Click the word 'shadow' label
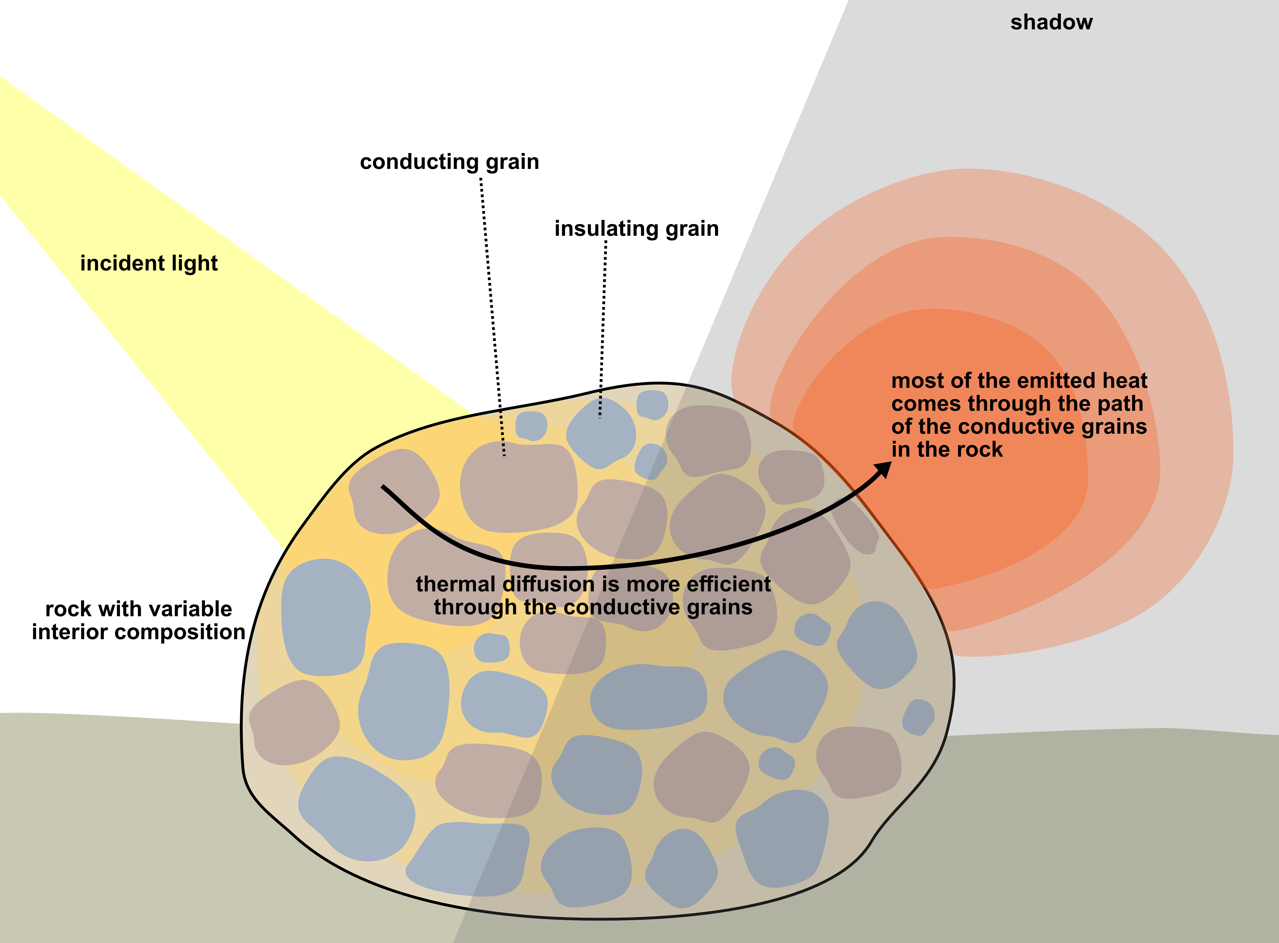pyautogui.click(x=1051, y=22)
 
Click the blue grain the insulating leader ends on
pyautogui.click(x=600, y=432)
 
